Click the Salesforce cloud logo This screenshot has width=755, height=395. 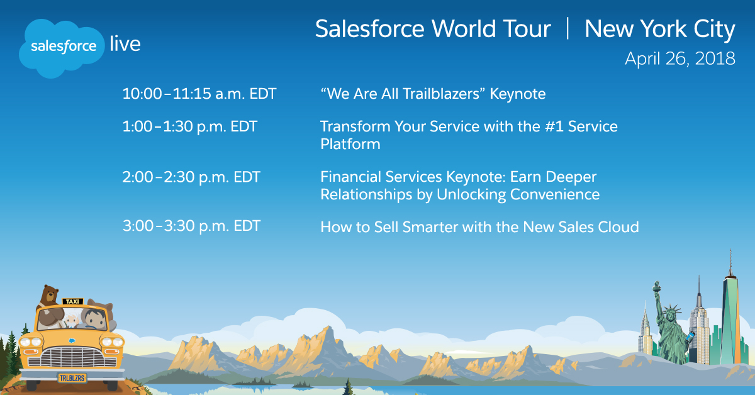[x=62, y=48]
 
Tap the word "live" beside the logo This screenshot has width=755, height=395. [x=125, y=44]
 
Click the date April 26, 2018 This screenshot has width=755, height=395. [x=680, y=58]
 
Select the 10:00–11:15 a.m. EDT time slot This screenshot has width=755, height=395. [x=199, y=94]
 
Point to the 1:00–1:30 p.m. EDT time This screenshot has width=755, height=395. [x=190, y=127]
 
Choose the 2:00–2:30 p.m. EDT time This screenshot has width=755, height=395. [x=191, y=177]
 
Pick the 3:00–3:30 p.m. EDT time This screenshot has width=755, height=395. [x=191, y=226]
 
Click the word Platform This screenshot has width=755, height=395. [x=350, y=144]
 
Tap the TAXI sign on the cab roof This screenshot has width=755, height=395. [x=72, y=301]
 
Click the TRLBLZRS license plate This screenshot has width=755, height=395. [x=72, y=378]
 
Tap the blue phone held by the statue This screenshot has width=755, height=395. [x=690, y=337]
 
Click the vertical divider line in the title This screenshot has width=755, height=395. [x=568, y=29]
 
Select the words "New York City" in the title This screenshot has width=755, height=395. [x=659, y=30]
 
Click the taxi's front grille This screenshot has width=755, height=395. [x=72, y=357]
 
